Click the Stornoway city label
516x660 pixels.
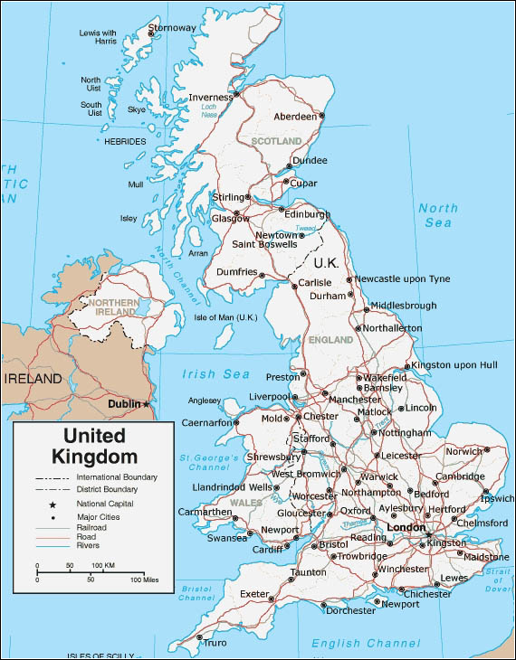[x=172, y=28]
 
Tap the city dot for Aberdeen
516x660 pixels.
[x=320, y=117]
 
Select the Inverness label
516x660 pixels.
[x=210, y=98]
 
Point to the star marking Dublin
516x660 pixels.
[x=147, y=404]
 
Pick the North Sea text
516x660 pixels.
[x=438, y=215]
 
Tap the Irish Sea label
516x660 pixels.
[x=215, y=374]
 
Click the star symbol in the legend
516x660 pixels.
[x=53, y=504]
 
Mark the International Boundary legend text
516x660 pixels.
[x=117, y=476]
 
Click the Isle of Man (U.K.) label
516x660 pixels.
[x=226, y=317]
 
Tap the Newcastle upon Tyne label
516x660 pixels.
[x=402, y=278]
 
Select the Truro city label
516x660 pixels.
[x=215, y=643]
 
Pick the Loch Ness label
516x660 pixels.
[x=209, y=112]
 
